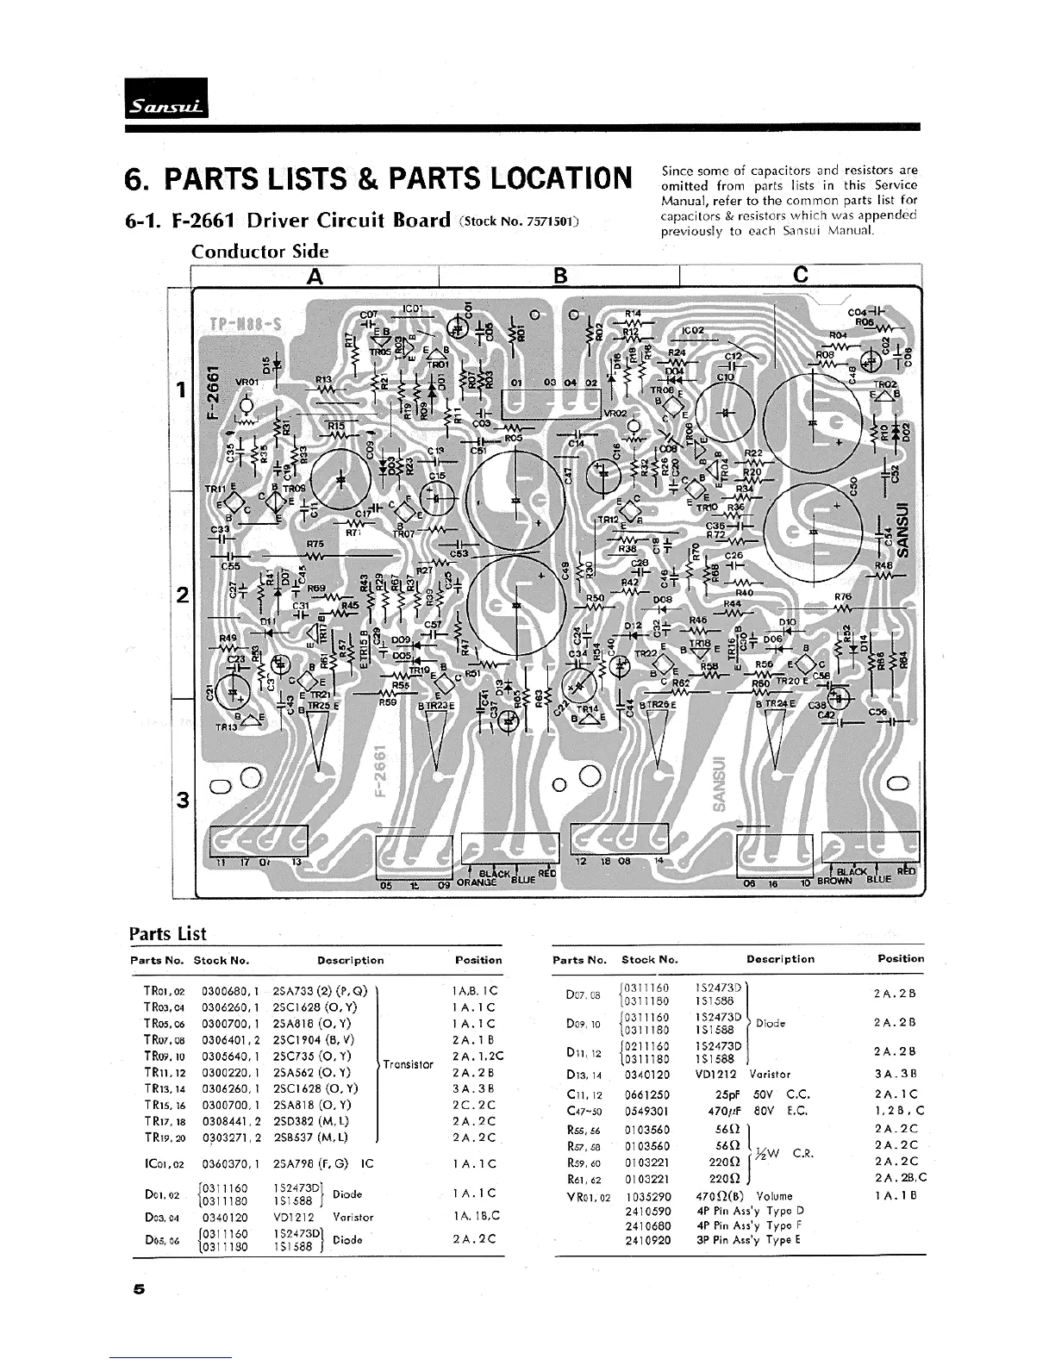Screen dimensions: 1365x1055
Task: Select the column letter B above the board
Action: pos(559,275)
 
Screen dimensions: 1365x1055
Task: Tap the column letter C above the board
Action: pos(800,275)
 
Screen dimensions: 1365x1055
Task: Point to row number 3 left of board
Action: pos(182,800)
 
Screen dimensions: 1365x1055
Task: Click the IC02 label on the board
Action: pos(693,329)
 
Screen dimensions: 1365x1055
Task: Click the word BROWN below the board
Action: pos(833,882)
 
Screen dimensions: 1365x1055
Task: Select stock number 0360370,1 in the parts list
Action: pos(230,1163)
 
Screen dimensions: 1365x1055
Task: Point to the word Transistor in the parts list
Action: pos(408,1064)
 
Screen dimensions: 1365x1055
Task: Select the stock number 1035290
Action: pos(647,1196)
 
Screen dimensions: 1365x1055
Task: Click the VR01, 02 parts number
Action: pos(589,1197)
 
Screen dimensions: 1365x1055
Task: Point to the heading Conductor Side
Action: pos(259,252)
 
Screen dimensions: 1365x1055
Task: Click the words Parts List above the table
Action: pos(167,934)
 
